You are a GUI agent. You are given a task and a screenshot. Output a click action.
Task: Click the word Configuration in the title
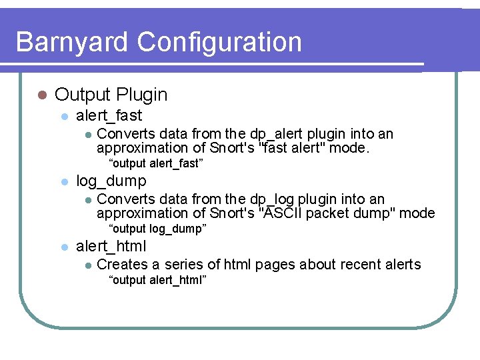pos(219,42)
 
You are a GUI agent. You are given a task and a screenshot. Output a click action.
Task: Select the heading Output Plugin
pos(111,95)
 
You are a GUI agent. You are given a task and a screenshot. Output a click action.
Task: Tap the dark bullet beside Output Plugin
pos(41,95)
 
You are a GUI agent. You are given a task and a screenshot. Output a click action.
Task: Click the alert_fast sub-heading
pos(109,115)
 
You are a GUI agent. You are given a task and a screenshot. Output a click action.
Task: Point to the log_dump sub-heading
pos(111,181)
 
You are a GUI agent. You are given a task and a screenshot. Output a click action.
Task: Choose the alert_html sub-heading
pos(111,246)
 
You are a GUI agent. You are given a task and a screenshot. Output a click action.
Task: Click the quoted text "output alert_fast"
pos(155,163)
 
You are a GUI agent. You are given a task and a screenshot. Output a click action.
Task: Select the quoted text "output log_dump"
pos(157,229)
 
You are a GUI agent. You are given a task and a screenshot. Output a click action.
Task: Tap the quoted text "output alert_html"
pos(157,279)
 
